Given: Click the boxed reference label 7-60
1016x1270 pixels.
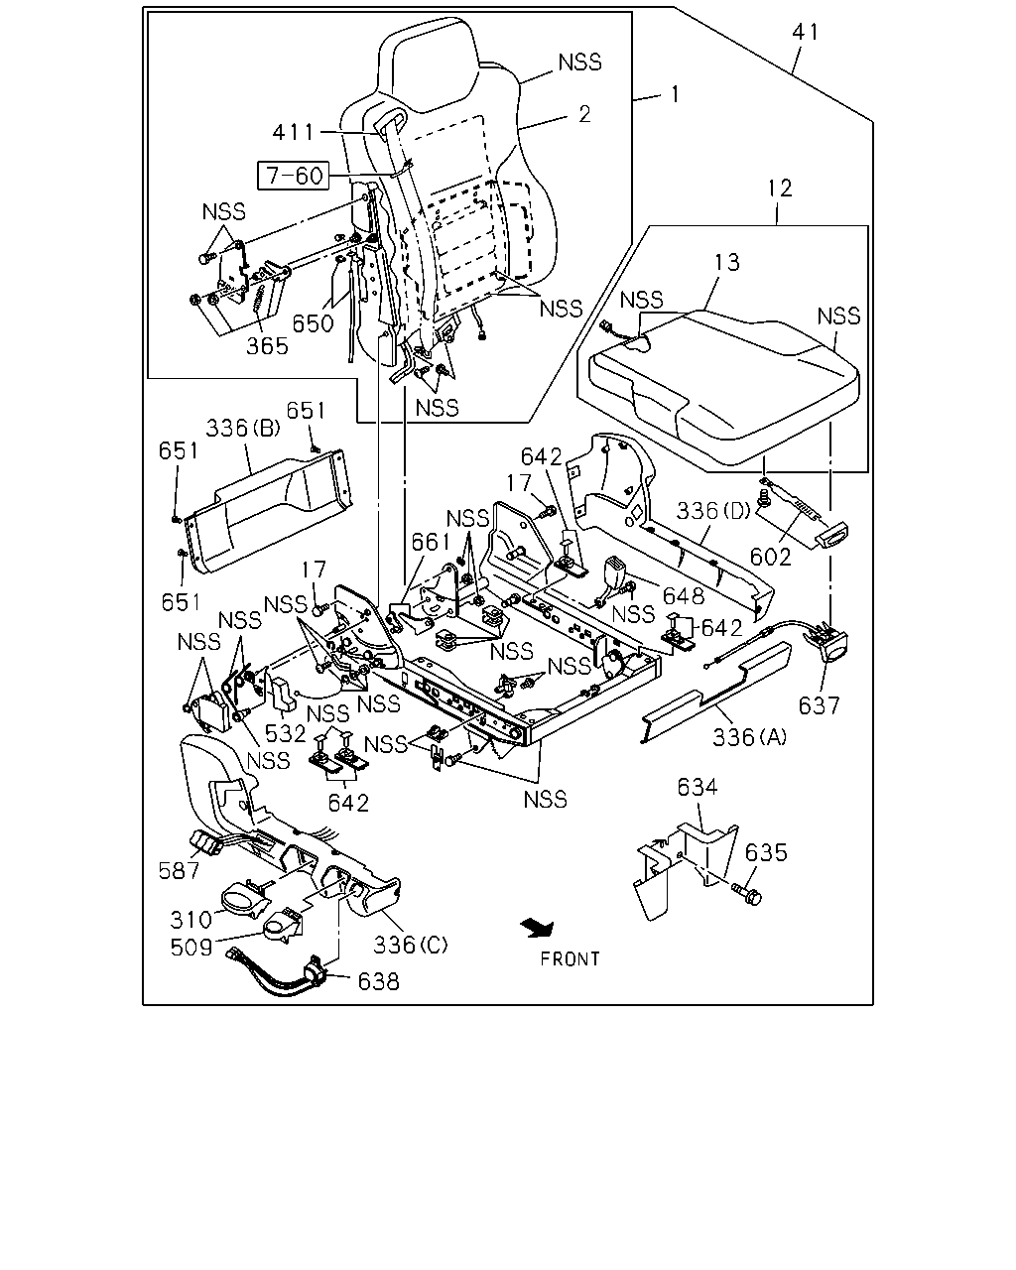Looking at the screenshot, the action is pyautogui.click(x=294, y=176).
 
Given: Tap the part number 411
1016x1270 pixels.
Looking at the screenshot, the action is pyautogui.click(x=294, y=132).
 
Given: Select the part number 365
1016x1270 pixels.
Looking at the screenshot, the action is pyautogui.click(x=268, y=346).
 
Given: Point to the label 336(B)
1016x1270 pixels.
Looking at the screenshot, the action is pyautogui.click(x=243, y=428).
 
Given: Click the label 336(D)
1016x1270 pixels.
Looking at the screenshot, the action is pyautogui.click(x=713, y=510).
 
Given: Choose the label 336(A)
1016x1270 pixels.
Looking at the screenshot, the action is pyautogui.click(x=750, y=736).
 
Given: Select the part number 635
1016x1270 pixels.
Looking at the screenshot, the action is pyautogui.click(x=766, y=852).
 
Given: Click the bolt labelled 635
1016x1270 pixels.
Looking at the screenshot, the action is pyautogui.click(x=746, y=894).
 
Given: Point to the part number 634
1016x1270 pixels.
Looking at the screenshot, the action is pyautogui.click(x=698, y=787).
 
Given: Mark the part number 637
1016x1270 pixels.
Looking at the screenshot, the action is pyautogui.click(x=819, y=705).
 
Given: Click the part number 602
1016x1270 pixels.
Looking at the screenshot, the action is pyautogui.click(x=770, y=557).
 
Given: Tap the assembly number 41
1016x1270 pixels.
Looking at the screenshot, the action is pyautogui.click(x=806, y=32).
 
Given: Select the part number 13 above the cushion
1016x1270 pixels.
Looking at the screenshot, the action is pyautogui.click(x=726, y=262).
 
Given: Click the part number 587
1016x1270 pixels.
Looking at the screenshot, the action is pyautogui.click(x=179, y=870).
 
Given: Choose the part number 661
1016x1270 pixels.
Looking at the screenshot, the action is pyautogui.click(x=431, y=542).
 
